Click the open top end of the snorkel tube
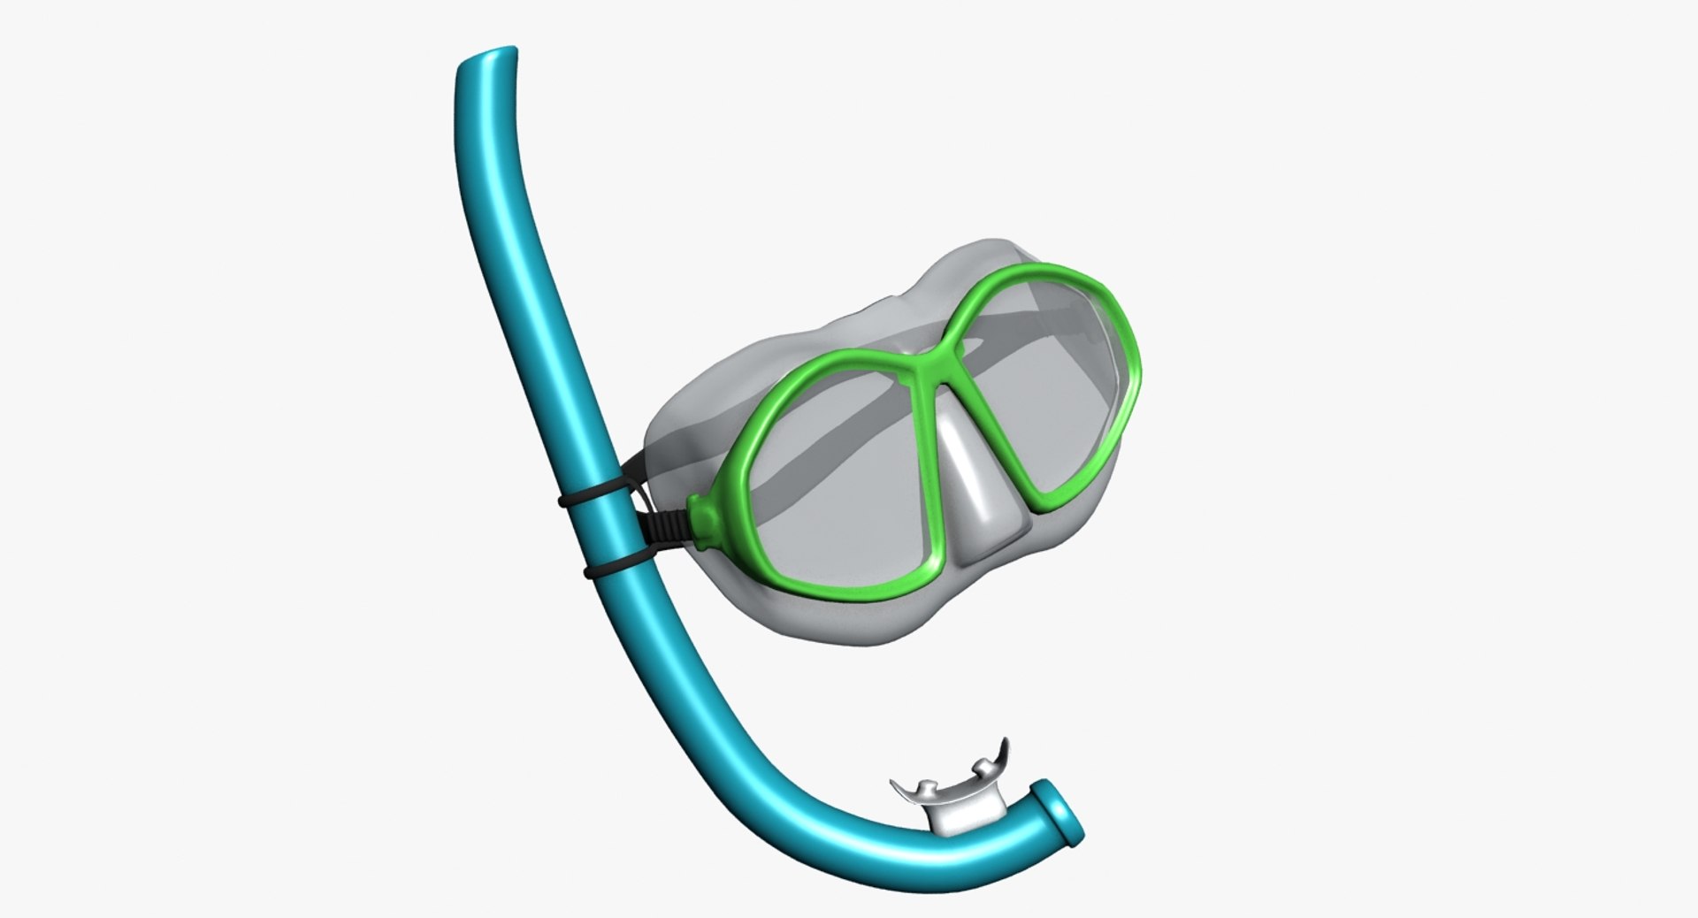pos(485,66)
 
